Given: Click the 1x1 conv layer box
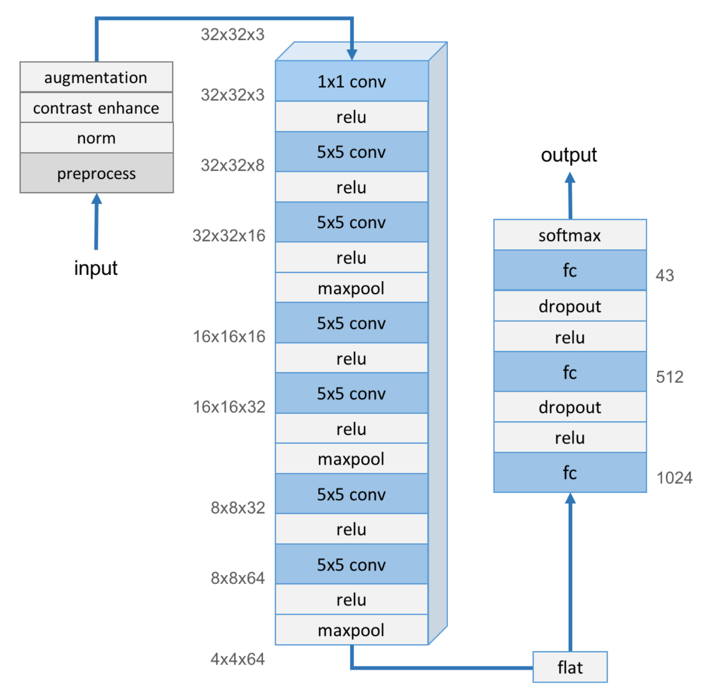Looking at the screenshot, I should click(x=351, y=81).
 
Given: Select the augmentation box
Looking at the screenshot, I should click(x=96, y=77).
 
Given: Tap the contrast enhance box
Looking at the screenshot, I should click(x=96, y=108).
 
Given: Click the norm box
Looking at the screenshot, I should click(x=96, y=138).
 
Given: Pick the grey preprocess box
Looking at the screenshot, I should click(x=96, y=173).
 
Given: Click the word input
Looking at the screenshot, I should click(x=96, y=268).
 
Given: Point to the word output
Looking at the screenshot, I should click(x=569, y=155).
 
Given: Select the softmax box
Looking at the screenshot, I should click(x=570, y=235).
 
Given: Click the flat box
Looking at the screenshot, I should click(x=570, y=667).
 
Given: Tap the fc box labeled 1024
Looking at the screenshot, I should click(x=570, y=472).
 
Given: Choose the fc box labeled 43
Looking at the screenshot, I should click(x=570, y=270).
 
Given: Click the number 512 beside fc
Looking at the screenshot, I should click(x=669, y=377).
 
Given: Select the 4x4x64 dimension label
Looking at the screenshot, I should click(x=237, y=659).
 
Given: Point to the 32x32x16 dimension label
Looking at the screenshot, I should click(x=229, y=235).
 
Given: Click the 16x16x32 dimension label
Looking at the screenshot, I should click(x=229, y=407).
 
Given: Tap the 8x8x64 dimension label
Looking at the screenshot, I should click(x=237, y=578).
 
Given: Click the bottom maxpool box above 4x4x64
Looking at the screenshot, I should click(x=351, y=630).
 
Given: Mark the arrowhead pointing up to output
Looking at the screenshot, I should click(x=570, y=178).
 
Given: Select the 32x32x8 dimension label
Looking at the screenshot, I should click(x=232, y=165).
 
